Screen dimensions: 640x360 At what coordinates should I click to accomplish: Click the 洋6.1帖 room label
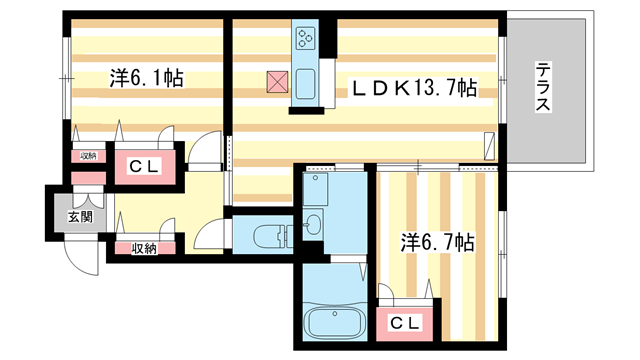146,78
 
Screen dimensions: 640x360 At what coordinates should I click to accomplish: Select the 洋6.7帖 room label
437,242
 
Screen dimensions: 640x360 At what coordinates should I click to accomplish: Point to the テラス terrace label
543,87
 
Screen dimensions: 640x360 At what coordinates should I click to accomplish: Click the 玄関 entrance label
80,217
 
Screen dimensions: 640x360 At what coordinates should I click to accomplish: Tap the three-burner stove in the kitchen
306,38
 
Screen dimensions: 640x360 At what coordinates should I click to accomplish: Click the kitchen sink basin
305,84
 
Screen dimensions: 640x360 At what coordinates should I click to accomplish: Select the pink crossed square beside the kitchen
277,82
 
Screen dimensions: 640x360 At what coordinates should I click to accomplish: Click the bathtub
335,321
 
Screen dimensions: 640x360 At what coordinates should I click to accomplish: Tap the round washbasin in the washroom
313,224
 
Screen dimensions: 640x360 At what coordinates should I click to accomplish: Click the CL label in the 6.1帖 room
143,166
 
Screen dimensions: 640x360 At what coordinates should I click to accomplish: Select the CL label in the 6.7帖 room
404,324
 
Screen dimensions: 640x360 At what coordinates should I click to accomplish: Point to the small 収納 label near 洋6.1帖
88,156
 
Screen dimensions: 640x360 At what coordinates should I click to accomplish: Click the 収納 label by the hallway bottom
144,248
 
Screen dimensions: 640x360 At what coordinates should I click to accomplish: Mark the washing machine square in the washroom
315,189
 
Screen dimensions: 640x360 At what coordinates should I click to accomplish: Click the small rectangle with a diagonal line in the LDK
489,146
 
